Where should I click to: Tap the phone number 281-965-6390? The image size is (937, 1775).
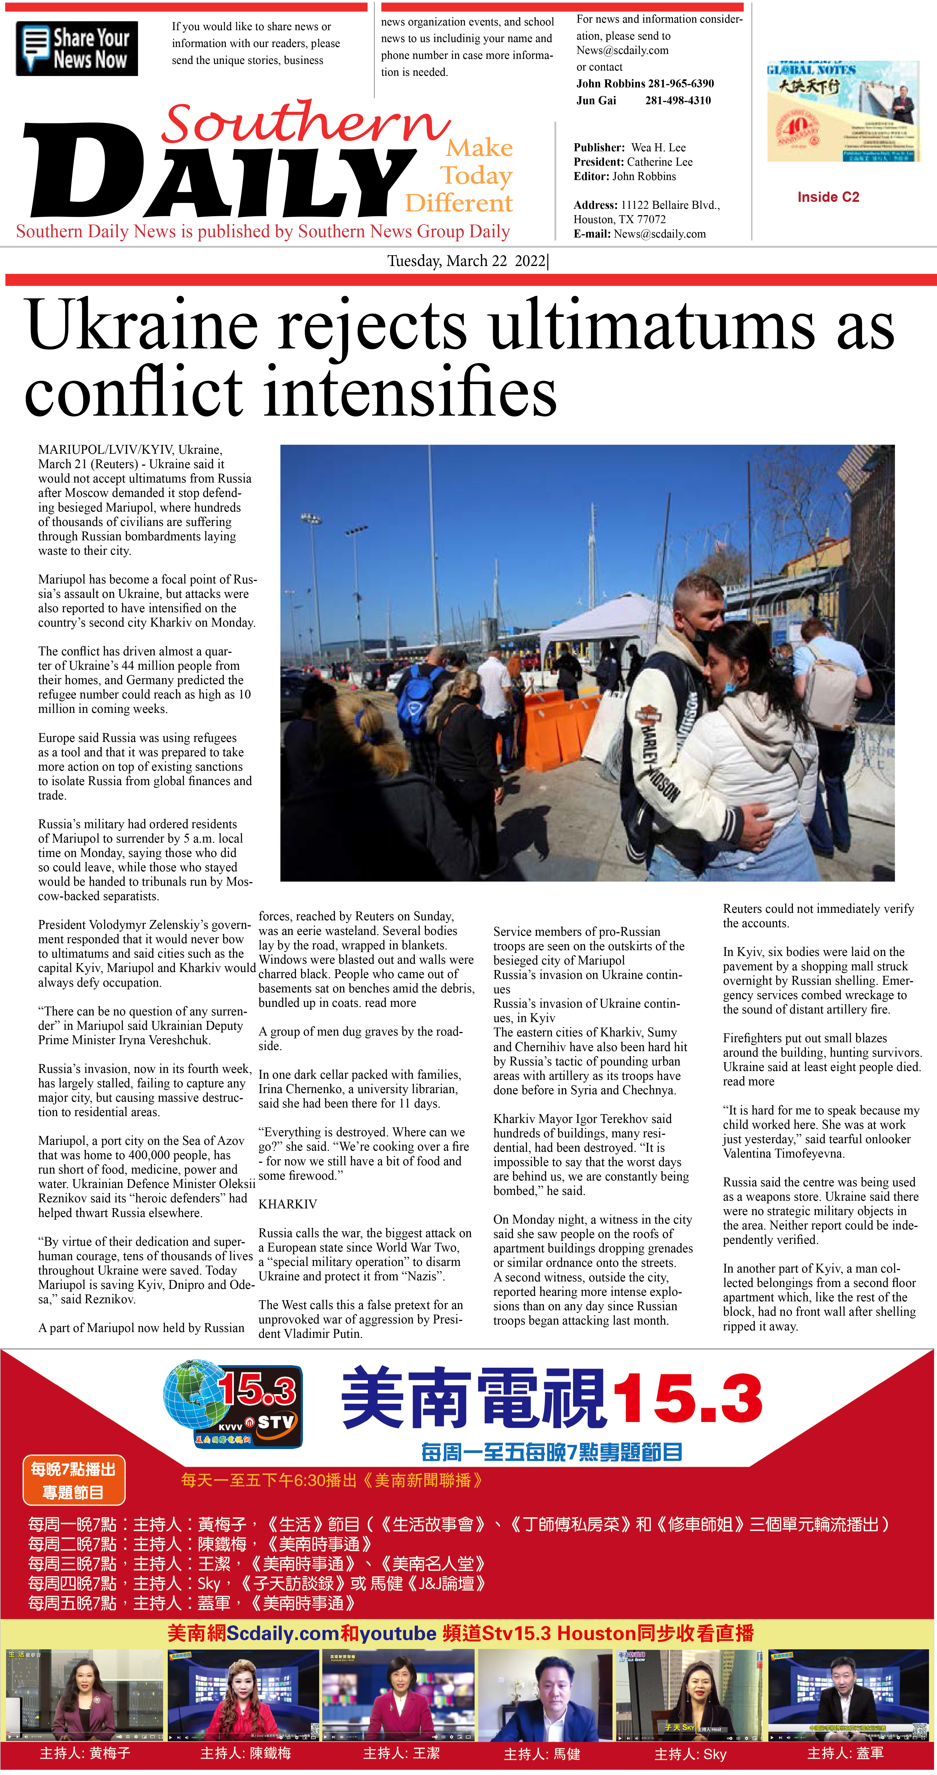click(x=681, y=84)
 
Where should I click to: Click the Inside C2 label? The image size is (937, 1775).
click(x=828, y=197)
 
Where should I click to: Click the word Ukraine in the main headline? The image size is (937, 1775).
click(x=141, y=325)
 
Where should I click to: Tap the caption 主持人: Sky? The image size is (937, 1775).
click(x=690, y=1754)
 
